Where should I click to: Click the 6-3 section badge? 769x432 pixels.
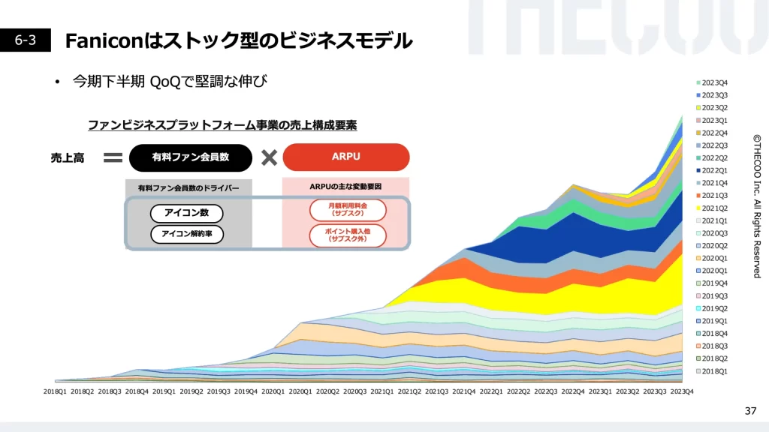pyautogui.click(x=26, y=40)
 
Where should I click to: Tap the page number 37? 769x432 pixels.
pyautogui.click(x=750, y=410)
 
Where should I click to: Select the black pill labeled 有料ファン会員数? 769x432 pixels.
pyautogui.click(x=190, y=157)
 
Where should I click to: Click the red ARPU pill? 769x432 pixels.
pyautogui.click(x=345, y=157)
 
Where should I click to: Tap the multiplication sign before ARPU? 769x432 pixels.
pyautogui.click(x=268, y=157)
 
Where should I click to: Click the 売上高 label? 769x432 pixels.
pyautogui.click(x=68, y=157)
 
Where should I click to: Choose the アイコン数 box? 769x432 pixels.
pyautogui.click(x=186, y=213)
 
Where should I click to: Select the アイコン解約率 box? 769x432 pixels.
pyautogui.click(x=186, y=234)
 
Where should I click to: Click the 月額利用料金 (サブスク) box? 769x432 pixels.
pyautogui.click(x=347, y=209)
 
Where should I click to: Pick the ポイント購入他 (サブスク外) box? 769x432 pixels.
pyautogui.click(x=347, y=235)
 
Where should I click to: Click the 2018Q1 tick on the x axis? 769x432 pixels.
pyautogui.click(x=55, y=391)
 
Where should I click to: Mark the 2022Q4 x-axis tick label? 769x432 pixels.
pyautogui.click(x=573, y=391)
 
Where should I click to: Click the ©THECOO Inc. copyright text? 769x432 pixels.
pyautogui.click(x=757, y=205)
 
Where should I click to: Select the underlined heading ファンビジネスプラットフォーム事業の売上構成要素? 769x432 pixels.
pyautogui.click(x=222, y=125)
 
